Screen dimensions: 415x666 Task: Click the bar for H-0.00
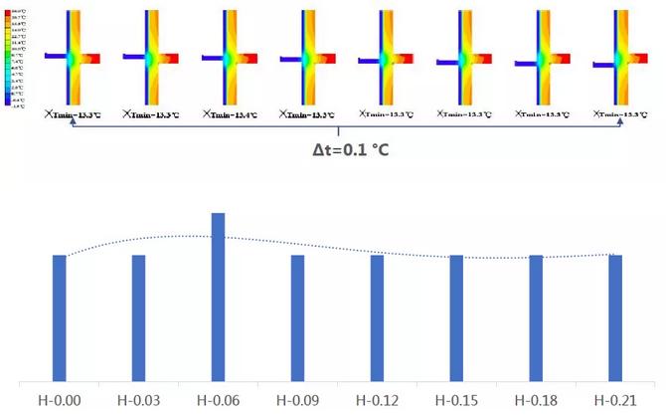click(60, 317)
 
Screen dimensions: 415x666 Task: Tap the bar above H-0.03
click(139, 317)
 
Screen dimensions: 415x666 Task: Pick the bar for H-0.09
click(297, 317)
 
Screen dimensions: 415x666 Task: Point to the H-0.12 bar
click(377, 317)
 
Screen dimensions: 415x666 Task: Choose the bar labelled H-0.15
click(456, 317)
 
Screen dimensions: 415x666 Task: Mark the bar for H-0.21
click(615, 317)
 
